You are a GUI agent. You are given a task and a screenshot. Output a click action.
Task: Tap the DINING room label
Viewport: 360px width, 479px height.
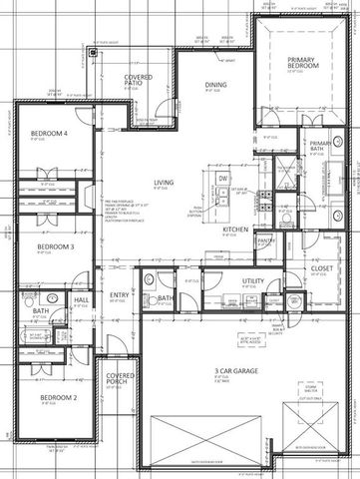(216, 85)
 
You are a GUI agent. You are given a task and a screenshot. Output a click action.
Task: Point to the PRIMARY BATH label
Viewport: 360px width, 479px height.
(319, 148)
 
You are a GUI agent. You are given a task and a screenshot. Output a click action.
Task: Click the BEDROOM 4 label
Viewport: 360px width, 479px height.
(49, 134)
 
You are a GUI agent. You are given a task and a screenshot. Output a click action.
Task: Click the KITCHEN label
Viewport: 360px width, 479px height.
(235, 229)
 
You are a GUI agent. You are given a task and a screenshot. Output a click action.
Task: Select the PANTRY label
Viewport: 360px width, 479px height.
(266, 240)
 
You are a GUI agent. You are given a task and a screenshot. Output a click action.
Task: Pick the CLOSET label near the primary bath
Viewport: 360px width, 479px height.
(320, 240)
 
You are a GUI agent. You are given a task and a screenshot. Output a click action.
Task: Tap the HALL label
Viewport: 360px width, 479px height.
(83, 298)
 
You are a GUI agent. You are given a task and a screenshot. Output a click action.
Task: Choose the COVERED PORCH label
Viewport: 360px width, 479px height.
(121, 379)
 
